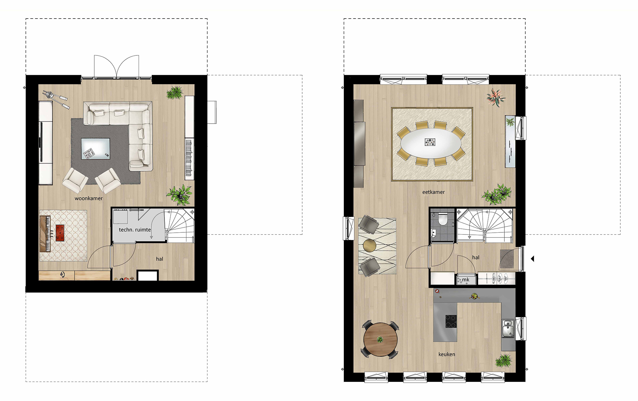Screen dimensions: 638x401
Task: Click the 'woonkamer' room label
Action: [x=89, y=198]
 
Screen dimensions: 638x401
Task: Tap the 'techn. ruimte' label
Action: [x=135, y=230]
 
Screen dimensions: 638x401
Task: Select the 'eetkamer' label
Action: [x=433, y=192]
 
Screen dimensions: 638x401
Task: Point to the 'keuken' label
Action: [x=446, y=354]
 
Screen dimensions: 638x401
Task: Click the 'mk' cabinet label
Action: [x=466, y=279]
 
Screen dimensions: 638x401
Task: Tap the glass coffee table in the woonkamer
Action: [x=96, y=149]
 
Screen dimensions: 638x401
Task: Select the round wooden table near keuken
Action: [x=380, y=339]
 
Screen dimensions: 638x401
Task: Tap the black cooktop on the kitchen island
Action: [x=451, y=321]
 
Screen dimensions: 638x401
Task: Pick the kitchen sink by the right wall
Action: [x=508, y=329]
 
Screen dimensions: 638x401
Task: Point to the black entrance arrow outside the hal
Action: [x=532, y=258]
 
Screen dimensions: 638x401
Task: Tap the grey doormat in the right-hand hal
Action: [x=507, y=259]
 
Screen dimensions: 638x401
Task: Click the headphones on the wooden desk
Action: [x=63, y=274]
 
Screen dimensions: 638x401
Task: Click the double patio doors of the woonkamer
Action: [x=116, y=67]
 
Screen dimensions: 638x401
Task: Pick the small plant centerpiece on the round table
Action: [x=380, y=340]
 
